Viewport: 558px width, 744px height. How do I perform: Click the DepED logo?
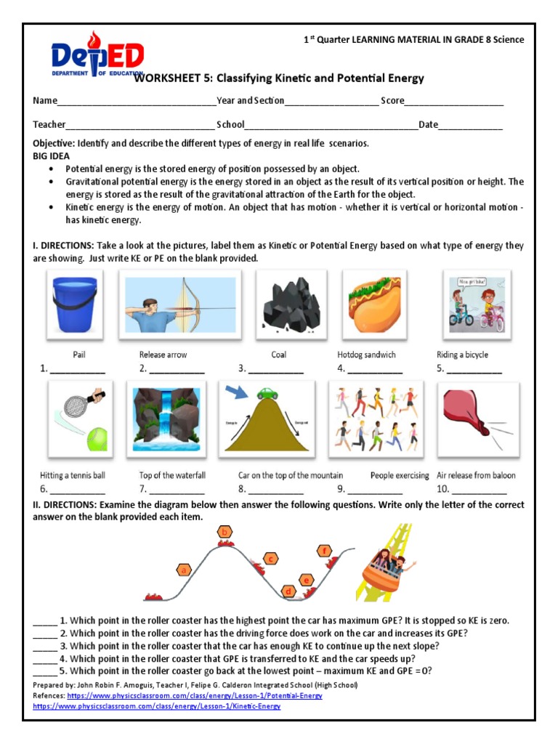97,57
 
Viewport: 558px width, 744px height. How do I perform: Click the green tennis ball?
96,439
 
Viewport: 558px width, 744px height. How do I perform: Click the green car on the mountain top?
267,394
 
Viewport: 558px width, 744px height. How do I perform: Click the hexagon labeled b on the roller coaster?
225,533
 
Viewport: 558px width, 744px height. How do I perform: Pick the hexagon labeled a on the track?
185,570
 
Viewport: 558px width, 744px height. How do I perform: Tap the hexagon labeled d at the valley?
289,591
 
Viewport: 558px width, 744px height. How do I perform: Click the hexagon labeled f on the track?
324,550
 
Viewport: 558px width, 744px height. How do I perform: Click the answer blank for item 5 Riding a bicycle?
474,369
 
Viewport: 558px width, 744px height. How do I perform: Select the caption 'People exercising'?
400,475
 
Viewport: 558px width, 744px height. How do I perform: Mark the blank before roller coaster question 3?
44,646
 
